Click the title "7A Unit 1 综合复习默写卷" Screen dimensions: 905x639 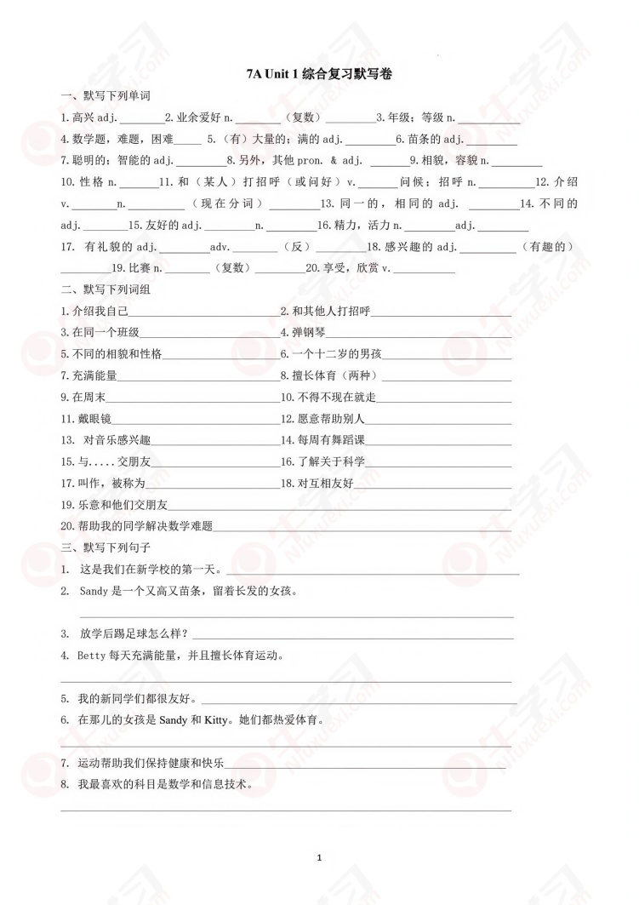319,75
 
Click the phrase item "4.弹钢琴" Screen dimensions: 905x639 304,332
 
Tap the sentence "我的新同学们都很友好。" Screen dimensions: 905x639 137,699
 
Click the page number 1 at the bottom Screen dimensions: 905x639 319,857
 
